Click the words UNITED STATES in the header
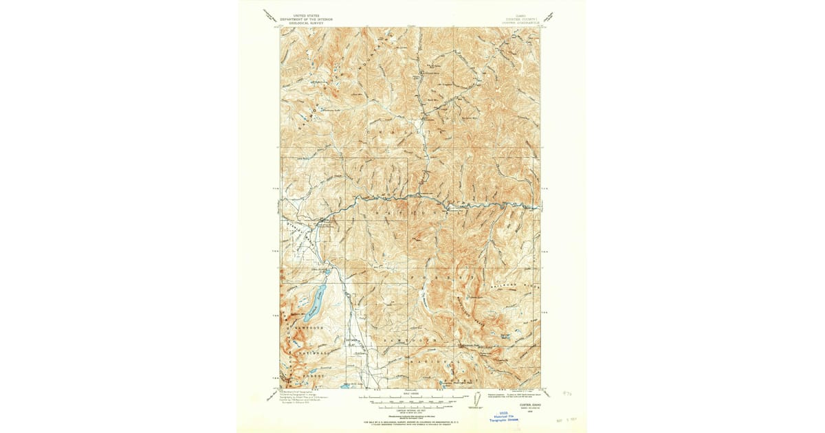pos(306,14)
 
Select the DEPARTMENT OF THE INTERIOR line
pos(306,19)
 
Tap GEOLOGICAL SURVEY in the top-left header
pos(306,23)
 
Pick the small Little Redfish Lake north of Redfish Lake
pos(327,273)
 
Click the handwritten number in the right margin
pos(565,393)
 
